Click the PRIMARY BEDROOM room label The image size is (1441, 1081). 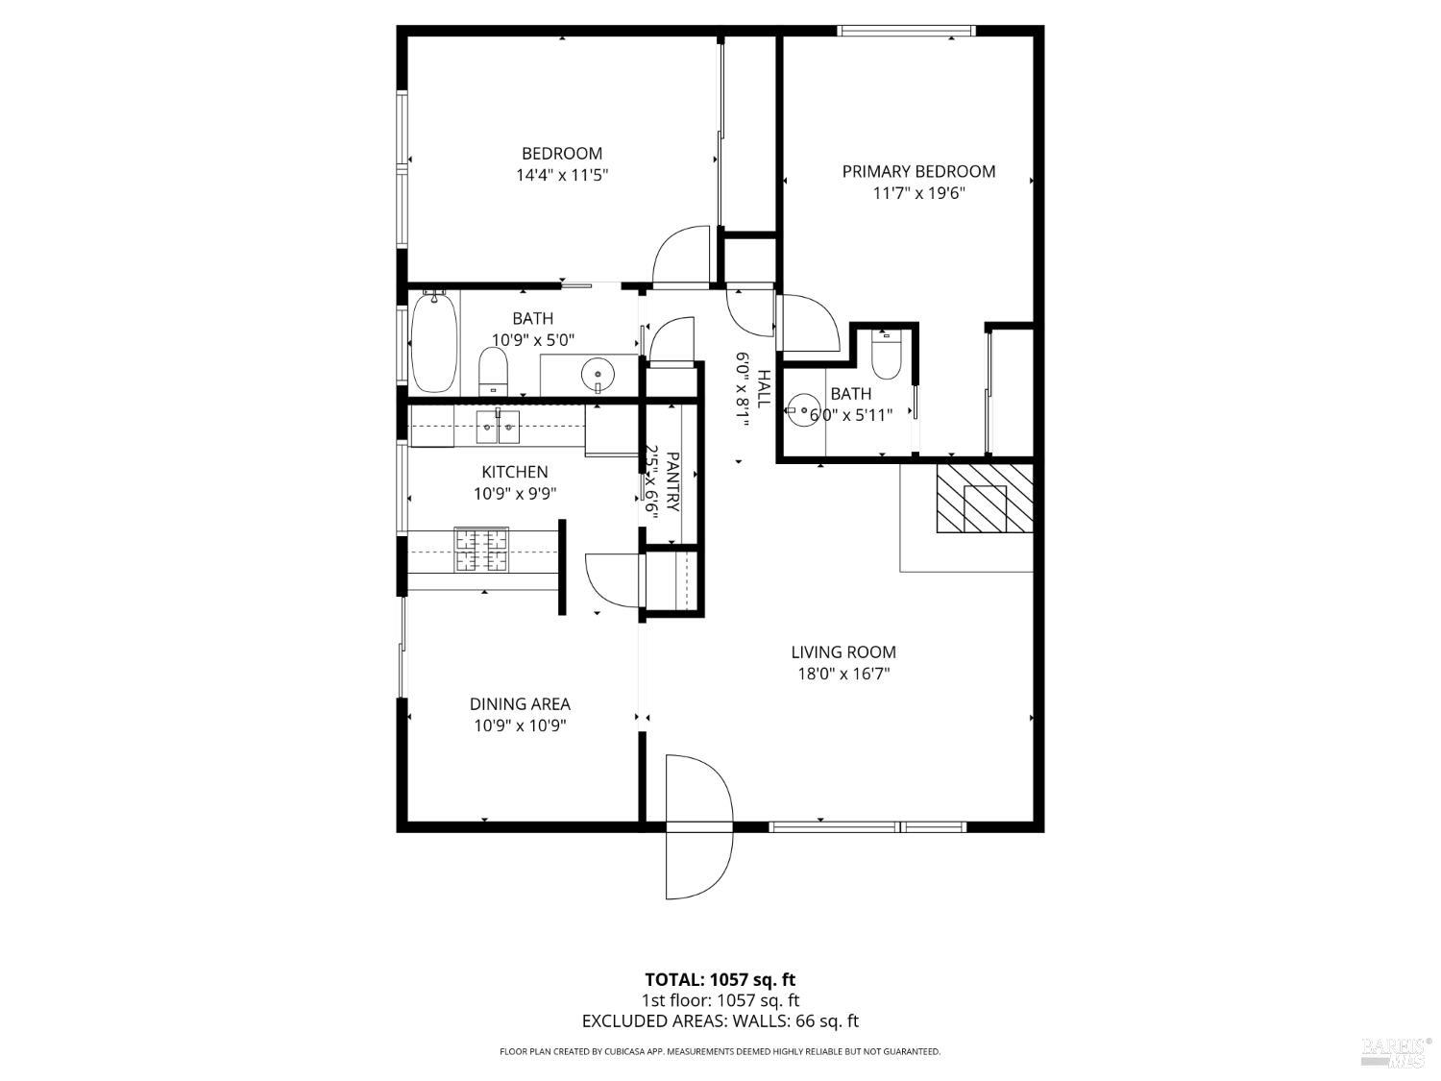pos(918,171)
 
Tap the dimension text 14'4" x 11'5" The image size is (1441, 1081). pos(562,175)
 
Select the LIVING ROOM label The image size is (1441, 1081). pos(843,651)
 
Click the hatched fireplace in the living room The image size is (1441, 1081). pos(985,498)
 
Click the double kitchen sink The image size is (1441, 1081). pos(498,427)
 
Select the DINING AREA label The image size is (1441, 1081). pos(520,703)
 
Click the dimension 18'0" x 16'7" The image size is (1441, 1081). pos(843,674)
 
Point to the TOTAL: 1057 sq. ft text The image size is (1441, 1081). pos(720,979)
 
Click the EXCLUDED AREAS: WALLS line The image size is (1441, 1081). pos(720,1021)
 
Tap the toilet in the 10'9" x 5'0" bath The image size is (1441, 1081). pos(493,371)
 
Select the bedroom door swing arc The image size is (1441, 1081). pos(680,257)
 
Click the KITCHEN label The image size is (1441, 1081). pos(515,472)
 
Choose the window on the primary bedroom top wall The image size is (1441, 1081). pos(907,31)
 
